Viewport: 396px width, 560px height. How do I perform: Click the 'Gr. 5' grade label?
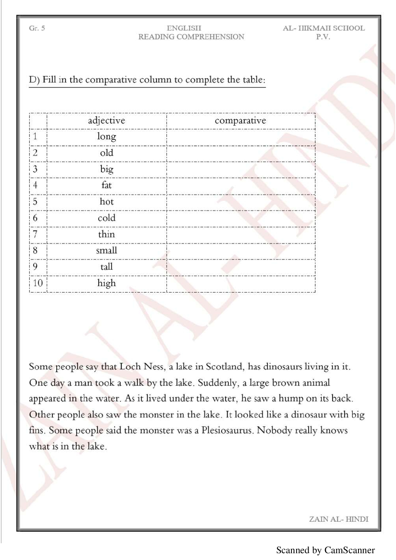pyautogui.click(x=37, y=28)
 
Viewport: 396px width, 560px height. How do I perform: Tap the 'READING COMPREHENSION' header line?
pyautogui.click(x=191, y=37)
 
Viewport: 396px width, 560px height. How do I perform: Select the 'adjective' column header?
pyautogui.click(x=107, y=121)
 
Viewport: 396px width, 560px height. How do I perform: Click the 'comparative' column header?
pyautogui.click(x=240, y=121)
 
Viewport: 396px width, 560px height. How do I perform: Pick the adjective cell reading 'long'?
pyautogui.click(x=107, y=137)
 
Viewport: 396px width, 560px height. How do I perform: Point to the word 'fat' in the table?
pyautogui.click(x=107, y=185)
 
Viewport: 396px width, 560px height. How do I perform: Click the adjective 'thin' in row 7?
pyautogui.click(x=107, y=234)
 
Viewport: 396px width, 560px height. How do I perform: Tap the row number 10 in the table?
pyautogui.click(x=38, y=283)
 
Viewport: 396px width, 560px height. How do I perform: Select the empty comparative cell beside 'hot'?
pyautogui.click(x=241, y=202)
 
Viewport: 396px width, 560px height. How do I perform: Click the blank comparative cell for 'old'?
pyautogui.click(x=241, y=153)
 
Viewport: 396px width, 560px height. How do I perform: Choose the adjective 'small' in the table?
pyautogui.click(x=107, y=251)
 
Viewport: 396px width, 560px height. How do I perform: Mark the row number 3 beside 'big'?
pyautogui.click(x=35, y=169)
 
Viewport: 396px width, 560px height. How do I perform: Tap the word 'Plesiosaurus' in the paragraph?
pyautogui.click(x=227, y=430)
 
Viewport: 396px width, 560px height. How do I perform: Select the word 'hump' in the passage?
pyautogui.click(x=291, y=398)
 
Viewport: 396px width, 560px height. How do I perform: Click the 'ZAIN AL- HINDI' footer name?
pyautogui.click(x=339, y=519)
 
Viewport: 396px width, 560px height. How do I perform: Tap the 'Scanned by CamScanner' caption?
pyautogui.click(x=325, y=550)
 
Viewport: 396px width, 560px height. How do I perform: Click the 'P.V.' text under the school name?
pyautogui.click(x=323, y=37)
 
